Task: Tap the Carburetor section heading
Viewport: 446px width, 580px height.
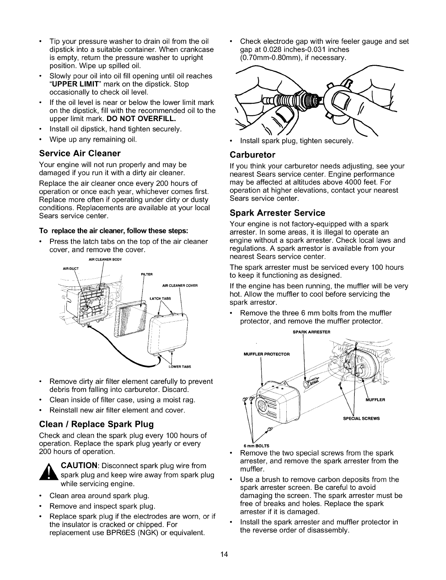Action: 252,154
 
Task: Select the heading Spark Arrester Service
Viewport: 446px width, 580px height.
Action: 277,213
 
